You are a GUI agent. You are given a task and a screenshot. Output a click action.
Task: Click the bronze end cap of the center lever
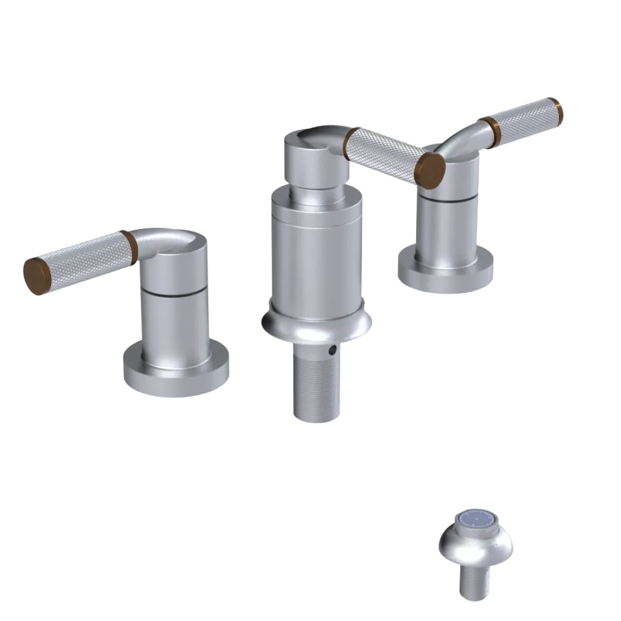coord(431,166)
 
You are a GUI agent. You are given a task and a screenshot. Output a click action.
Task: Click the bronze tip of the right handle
coord(558,111)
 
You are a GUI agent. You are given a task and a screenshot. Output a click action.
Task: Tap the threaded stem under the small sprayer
coord(475,584)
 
